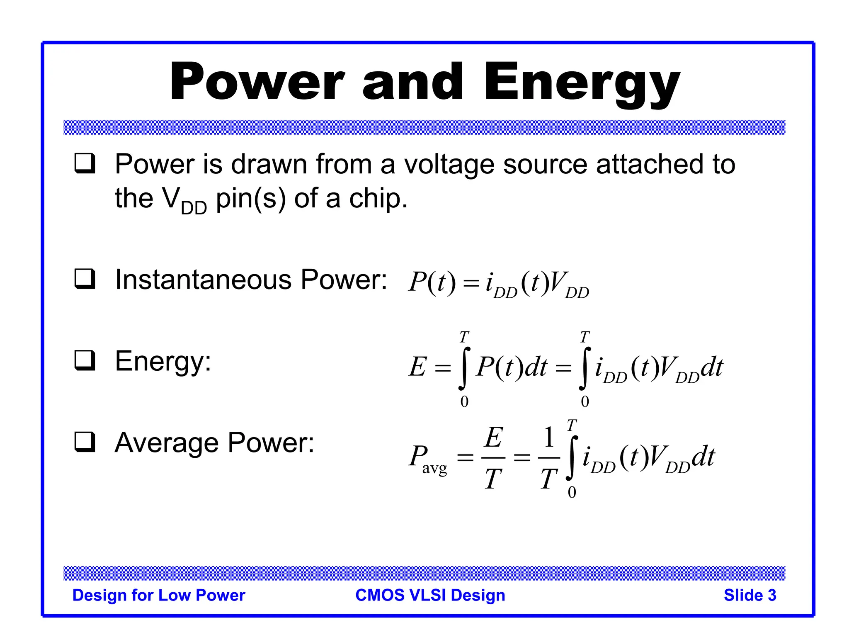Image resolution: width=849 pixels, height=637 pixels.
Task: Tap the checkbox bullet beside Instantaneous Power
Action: [x=85, y=279]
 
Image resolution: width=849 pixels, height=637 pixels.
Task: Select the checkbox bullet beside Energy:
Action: [x=85, y=360]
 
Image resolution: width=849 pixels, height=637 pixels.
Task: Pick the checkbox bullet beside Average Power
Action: [x=85, y=442]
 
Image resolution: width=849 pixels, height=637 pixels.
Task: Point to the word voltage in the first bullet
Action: [x=449, y=165]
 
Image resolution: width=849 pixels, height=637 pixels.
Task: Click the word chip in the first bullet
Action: [x=375, y=199]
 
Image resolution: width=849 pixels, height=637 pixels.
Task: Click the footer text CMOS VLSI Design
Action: [x=430, y=595]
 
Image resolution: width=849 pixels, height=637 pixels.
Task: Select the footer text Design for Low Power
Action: [x=159, y=595]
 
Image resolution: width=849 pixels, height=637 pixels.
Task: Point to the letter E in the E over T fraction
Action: [x=494, y=437]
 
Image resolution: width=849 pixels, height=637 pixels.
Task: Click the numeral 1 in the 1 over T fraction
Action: [x=549, y=437]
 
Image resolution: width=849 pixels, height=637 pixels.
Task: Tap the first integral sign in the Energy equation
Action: [x=464, y=368]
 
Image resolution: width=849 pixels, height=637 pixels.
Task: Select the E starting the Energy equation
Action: [x=417, y=367]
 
